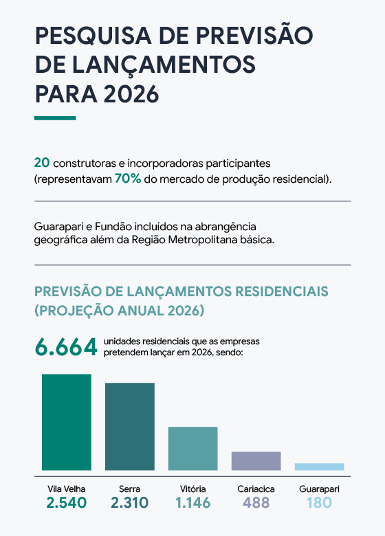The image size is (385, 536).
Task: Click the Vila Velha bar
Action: tap(67, 422)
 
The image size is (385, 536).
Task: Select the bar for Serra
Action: tap(130, 427)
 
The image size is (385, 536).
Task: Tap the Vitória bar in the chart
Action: tap(192, 449)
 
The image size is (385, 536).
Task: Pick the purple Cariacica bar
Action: tap(256, 461)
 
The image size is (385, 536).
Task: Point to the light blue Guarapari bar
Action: tap(320, 467)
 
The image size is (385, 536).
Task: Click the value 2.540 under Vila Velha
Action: tap(67, 503)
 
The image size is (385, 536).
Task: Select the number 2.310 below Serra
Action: tap(130, 503)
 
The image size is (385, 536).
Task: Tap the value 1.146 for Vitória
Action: tap(192, 503)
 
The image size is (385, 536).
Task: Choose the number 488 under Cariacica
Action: tap(256, 503)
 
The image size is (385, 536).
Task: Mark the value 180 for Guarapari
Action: tap(320, 503)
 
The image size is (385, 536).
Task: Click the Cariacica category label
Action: tap(256, 489)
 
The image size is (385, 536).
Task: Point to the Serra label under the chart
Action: tap(130, 489)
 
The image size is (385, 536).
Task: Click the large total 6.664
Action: tap(66, 347)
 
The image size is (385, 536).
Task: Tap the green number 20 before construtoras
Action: tap(42, 163)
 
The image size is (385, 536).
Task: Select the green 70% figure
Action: tap(128, 179)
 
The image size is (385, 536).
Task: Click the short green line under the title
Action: tap(55, 118)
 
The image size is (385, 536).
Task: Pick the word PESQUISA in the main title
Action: tap(93, 36)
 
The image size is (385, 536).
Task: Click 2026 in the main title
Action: tap(131, 94)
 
